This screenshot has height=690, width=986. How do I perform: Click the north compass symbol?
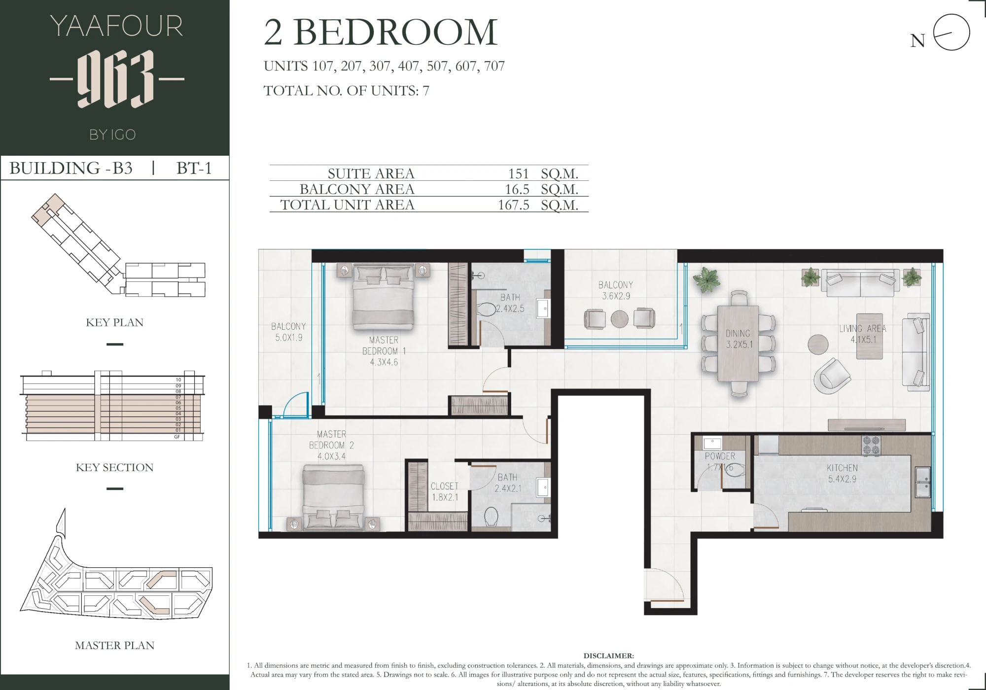(951, 33)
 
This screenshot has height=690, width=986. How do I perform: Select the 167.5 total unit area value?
(513, 205)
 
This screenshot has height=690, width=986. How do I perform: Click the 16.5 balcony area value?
(517, 189)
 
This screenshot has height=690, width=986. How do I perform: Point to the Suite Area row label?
(371, 173)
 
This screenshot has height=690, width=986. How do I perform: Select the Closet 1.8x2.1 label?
(445, 492)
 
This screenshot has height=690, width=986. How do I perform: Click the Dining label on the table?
(738, 334)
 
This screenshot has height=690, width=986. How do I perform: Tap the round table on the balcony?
(620, 319)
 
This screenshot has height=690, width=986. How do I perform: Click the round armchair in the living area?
(832, 376)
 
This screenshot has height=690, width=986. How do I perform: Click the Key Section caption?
(115, 467)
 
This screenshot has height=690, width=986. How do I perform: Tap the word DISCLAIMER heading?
(609, 656)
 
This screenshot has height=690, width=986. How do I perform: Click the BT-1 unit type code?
(194, 168)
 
